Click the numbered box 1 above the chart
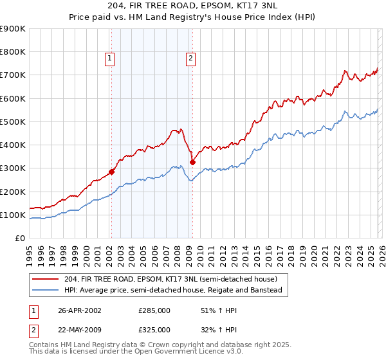coord(110,59)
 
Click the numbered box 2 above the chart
coord(191,59)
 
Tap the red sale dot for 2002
coord(111,172)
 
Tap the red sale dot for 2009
coord(192,163)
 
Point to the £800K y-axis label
coord(13,52)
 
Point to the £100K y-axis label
coord(13,215)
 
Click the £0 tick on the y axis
coord(21,239)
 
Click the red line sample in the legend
coord(46,279)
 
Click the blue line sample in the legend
coord(46,290)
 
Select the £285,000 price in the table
coord(154,311)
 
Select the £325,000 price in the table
coord(154,329)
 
